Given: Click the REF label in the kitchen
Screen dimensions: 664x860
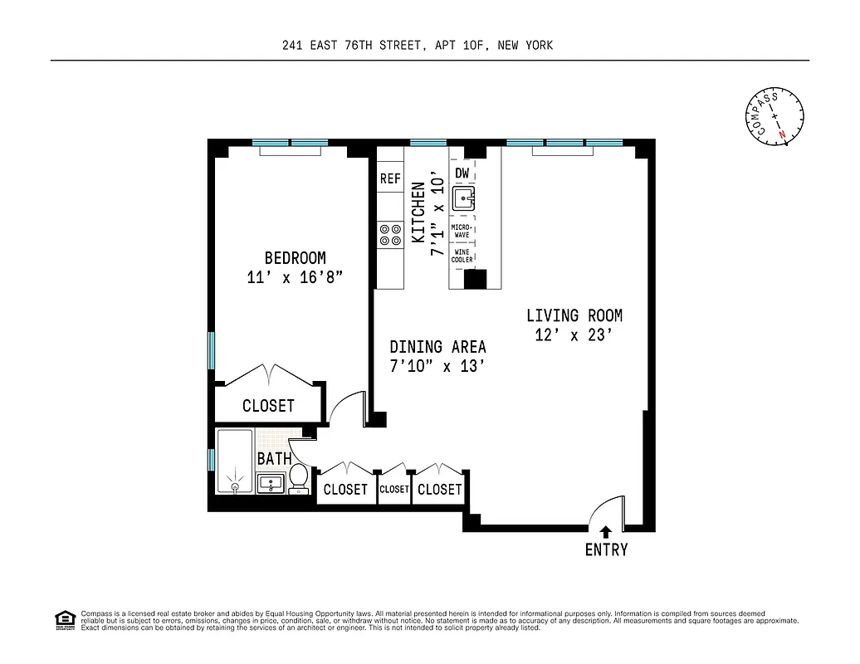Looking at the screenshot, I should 390,178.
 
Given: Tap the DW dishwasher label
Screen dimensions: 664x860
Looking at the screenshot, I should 462,173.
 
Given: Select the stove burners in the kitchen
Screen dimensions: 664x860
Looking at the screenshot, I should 389,234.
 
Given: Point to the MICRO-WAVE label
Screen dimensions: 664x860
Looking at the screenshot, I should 462,231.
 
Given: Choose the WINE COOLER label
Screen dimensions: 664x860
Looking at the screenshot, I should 462,256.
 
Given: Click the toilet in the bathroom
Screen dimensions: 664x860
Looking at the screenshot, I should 298,479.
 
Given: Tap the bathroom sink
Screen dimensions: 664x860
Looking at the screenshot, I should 271,482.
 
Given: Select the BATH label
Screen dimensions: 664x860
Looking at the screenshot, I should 273,458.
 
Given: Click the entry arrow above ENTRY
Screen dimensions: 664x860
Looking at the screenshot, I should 606,531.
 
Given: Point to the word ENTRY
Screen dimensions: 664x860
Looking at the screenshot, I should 606,549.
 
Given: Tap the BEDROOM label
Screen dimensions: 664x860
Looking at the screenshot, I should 295,258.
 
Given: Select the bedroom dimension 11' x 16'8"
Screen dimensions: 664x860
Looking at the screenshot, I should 295,278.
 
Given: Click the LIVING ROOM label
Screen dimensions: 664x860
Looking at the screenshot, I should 574,315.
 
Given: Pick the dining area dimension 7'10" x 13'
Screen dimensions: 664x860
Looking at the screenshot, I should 437,367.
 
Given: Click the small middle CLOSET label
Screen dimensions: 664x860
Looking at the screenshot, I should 394,490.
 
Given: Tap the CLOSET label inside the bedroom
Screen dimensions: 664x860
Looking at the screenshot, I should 268,406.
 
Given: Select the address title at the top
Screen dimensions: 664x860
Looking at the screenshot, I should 418,46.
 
